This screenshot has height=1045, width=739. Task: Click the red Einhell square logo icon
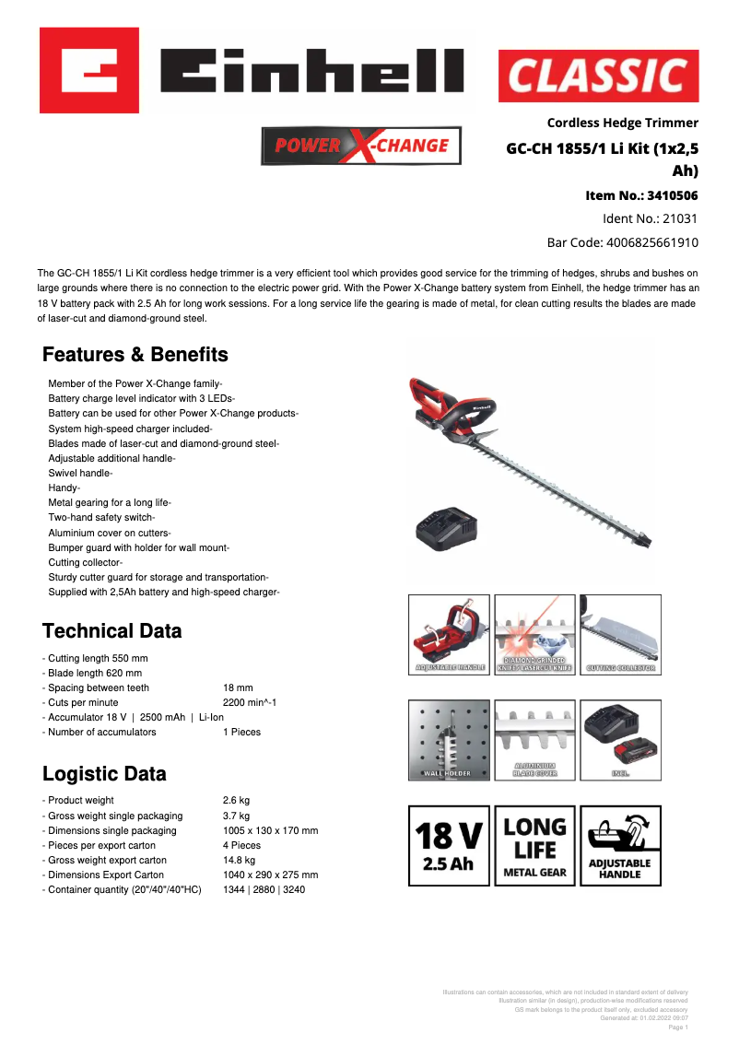tap(88, 70)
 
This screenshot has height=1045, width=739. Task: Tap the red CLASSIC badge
tap(598, 76)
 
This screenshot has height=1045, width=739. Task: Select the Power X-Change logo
tap(361, 146)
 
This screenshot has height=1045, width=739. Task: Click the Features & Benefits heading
tap(135, 355)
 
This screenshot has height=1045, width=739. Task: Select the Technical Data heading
tap(112, 631)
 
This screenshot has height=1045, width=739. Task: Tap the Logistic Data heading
tap(104, 774)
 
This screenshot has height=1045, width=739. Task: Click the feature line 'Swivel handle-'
tap(80, 473)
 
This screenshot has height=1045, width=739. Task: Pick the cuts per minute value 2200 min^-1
tap(250, 702)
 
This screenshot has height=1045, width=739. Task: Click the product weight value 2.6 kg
tap(236, 801)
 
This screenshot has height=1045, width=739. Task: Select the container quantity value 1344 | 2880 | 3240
tap(264, 889)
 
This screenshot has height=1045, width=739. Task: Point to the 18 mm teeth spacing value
tap(238, 687)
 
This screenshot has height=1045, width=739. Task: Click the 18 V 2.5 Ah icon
tap(449, 846)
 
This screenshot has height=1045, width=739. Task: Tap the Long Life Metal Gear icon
tap(534, 846)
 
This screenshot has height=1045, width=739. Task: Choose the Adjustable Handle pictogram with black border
tap(620, 846)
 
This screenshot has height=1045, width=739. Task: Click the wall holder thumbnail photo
tap(449, 740)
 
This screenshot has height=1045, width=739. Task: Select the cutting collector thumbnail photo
tap(620, 635)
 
